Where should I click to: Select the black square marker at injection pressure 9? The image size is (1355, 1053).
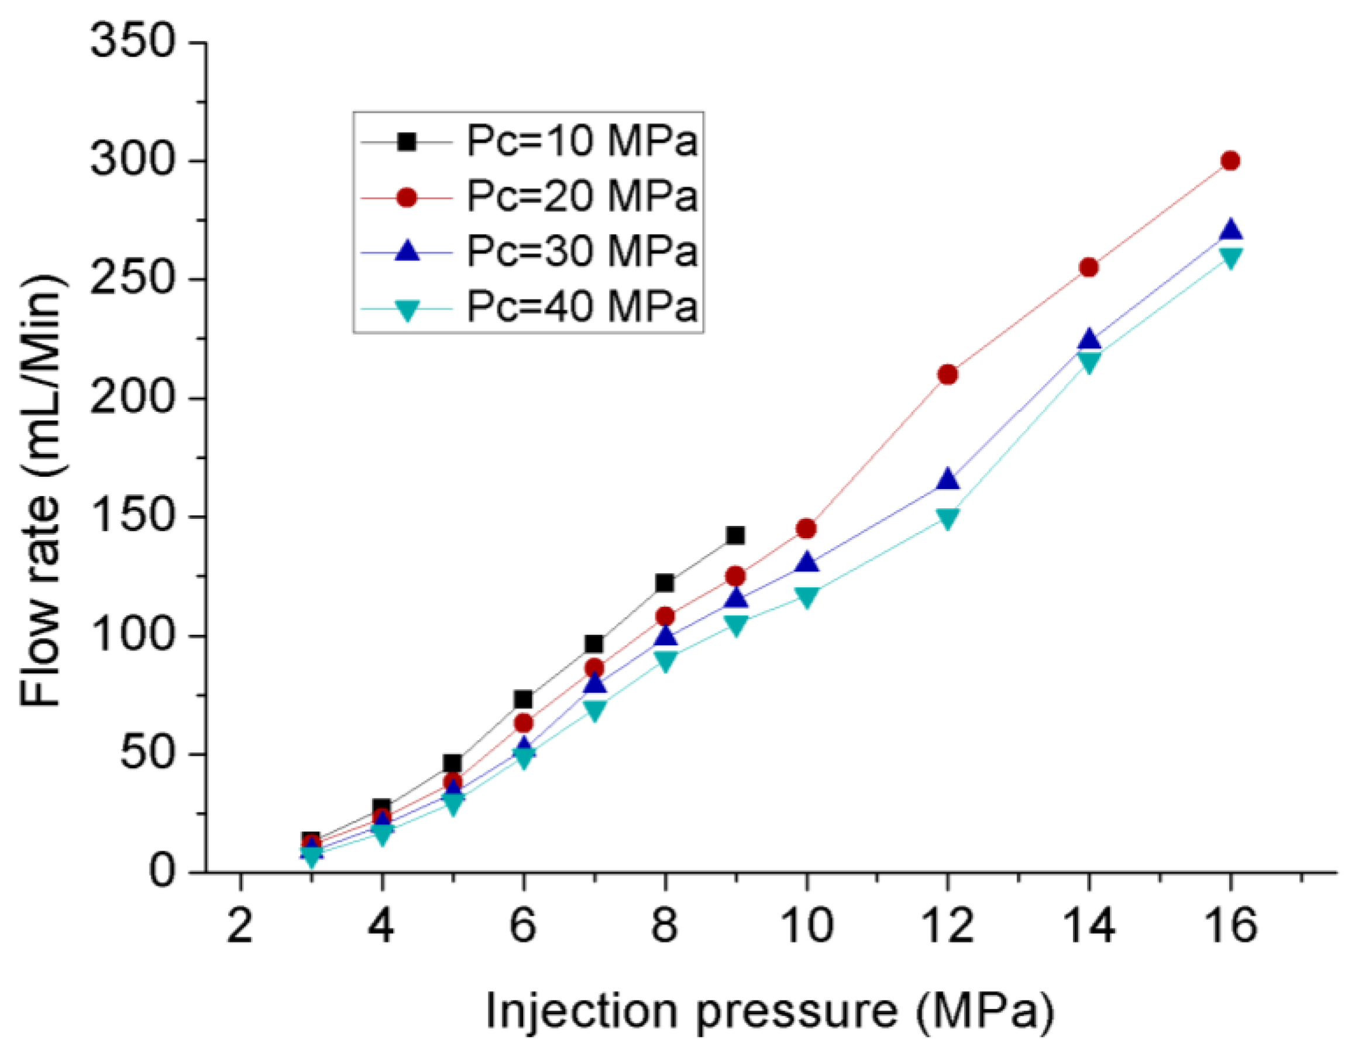coord(735,535)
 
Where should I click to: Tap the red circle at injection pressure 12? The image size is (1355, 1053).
coord(947,375)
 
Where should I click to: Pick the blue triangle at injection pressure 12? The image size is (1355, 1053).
coord(947,479)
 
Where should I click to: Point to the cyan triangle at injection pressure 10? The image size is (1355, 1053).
coord(807,597)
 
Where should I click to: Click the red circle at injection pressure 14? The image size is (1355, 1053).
coord(1089,267)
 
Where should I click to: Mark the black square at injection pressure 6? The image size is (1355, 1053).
coord(523,699)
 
